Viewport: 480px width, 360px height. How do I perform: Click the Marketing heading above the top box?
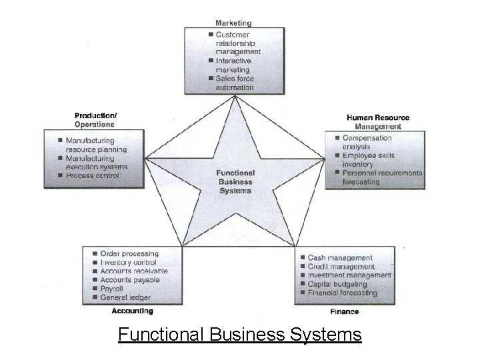pos(233,23)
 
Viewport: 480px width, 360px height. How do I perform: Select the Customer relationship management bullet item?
pos(237,43)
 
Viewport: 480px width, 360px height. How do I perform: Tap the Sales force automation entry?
pos(234,83)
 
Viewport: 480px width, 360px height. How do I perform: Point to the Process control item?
pos(92,176)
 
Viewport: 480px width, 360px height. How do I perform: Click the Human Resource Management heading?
pos(378,122)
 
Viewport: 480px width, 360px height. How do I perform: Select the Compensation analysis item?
pos(367,143)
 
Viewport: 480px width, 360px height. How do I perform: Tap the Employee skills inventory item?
pos(368,160)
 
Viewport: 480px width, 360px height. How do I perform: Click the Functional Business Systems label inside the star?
pos(235,182)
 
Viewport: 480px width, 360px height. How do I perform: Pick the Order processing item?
pos(129,254)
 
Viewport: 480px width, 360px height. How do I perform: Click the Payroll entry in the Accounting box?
pos(112,289)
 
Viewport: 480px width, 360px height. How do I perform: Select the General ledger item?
pos(125,298)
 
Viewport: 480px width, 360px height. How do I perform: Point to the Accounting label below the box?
pos(132,311)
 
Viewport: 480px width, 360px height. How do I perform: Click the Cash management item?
pos(340,258)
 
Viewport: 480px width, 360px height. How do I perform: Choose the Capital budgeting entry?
pos(337,284)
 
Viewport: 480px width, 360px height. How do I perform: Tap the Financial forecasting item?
pos(342,293)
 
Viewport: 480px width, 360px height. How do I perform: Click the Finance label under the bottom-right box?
pos(344,311)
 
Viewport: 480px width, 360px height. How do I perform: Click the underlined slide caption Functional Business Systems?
pos(240,334)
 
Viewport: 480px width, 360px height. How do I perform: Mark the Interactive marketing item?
pos(233,65)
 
